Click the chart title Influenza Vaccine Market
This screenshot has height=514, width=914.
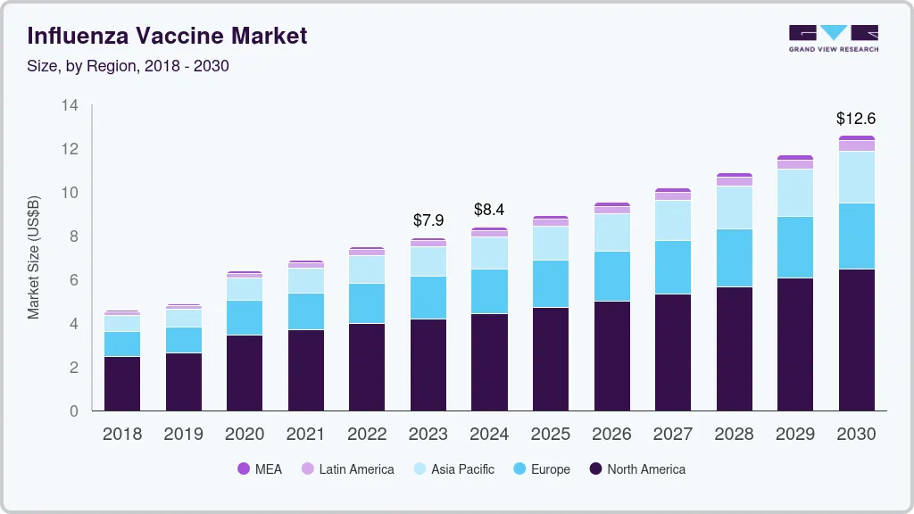167,36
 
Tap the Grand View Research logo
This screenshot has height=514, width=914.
833,37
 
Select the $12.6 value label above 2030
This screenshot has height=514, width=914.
855,118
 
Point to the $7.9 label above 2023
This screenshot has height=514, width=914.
428,220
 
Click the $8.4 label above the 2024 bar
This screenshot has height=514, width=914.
489,210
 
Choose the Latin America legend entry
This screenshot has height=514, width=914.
347,468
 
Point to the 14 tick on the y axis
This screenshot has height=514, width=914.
70,105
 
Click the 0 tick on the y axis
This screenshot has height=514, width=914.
74,411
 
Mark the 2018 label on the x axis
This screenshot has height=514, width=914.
122,434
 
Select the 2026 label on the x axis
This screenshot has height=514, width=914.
611,434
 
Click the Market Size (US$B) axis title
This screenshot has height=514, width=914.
34,257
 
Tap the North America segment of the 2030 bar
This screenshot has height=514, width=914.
856,339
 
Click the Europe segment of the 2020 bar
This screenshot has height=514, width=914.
245,318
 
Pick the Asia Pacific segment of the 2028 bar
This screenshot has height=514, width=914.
734,207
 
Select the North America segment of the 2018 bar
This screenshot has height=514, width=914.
122,384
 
